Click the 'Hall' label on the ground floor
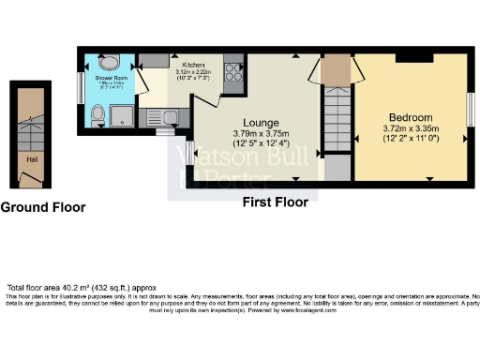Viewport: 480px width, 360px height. (x=32, y=158)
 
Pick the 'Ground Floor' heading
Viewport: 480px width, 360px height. (x=43, y=207)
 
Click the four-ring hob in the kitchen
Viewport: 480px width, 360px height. (x=232, y=74)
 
